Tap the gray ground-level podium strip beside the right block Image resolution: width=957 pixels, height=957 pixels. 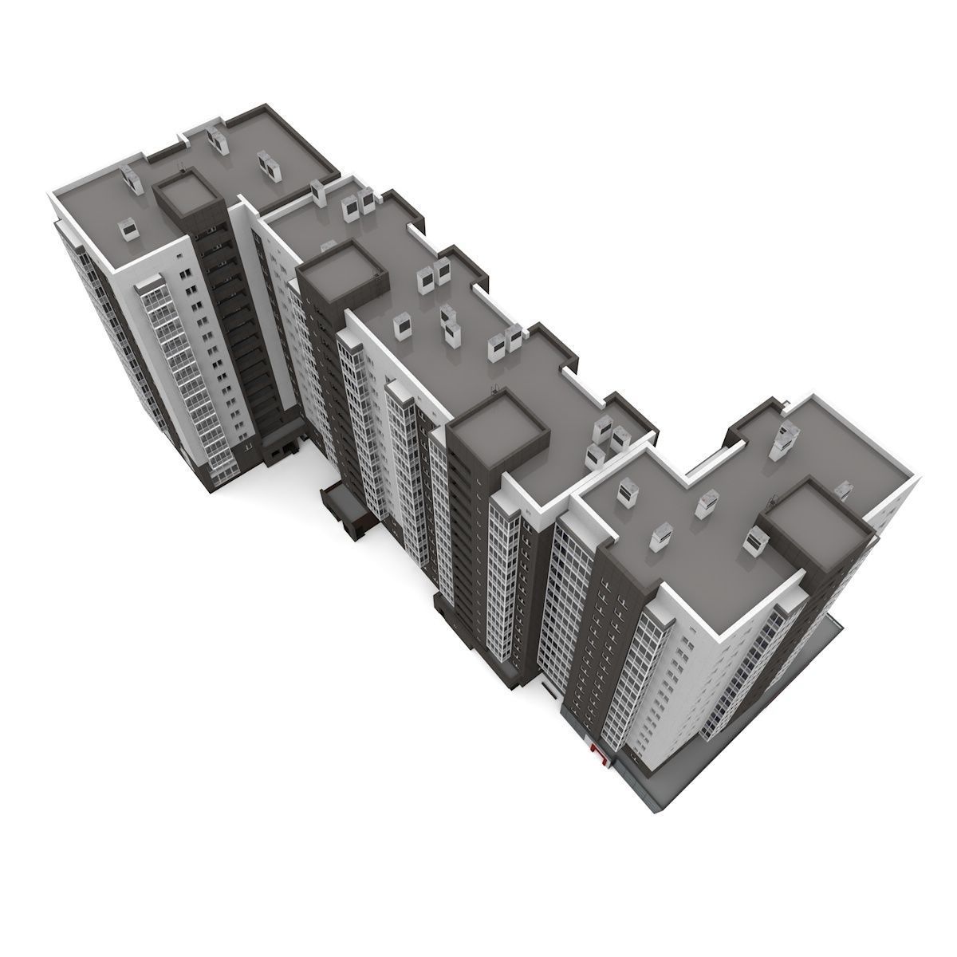click(805, 702)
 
